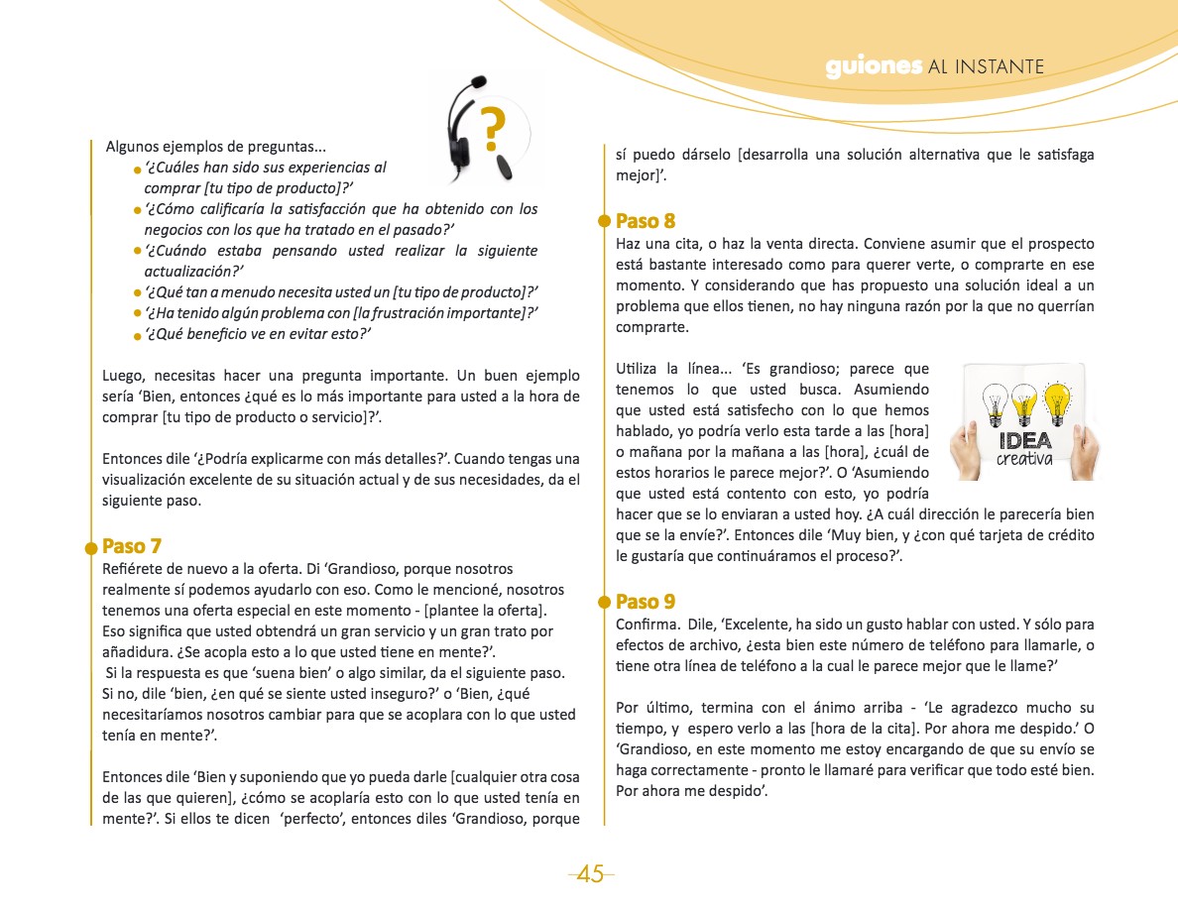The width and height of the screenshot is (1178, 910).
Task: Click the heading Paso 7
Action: (x=132, y=546)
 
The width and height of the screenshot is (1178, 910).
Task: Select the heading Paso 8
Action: (x=646, y=221)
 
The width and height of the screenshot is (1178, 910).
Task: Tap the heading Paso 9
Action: (x=646, y=602)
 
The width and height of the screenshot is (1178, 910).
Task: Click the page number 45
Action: (x=590, y=874)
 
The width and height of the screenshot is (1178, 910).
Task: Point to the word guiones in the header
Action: (x=874, y=66)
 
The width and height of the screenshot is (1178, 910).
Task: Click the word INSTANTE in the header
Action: (x=1001, y=67)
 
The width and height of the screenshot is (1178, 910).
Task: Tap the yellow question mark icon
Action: (x=493, y=127)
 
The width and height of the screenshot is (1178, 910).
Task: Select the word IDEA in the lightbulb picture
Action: (x=1025, y=441)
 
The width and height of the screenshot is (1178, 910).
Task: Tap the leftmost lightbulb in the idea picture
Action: (x=995, y=405)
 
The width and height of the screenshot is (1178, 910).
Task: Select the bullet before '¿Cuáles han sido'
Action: (x=138, y=171)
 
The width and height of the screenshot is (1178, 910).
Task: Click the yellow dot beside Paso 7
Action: (x=90, y=546)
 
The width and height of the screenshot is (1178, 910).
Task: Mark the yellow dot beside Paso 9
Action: (x=604, y=602)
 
